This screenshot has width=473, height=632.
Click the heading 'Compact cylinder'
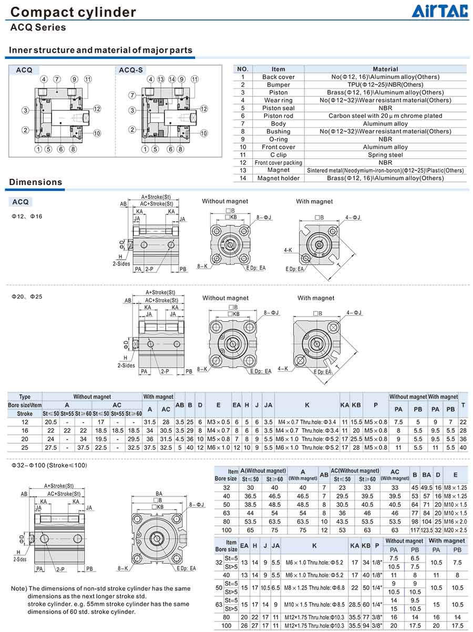73,12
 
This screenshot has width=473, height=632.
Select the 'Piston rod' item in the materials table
278,116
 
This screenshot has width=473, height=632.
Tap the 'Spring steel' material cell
385,155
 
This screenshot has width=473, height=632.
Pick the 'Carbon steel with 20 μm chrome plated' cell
385,116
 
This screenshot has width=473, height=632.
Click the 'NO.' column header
243,69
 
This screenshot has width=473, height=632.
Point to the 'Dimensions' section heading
36,182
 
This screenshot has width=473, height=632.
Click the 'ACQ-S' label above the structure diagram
131,70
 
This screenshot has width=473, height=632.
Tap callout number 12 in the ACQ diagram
97,109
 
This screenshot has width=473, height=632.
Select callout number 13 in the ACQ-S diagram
161,79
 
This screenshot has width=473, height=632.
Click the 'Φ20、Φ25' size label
27,297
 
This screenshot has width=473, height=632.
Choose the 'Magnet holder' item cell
278,178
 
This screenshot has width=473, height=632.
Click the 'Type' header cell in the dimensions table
25,397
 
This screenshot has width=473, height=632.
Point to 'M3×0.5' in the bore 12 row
218,422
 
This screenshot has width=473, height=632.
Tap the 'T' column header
462,404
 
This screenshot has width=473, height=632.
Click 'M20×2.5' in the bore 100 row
455,530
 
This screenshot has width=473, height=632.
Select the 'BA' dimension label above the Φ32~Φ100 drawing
159,494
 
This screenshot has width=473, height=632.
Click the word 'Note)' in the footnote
19,588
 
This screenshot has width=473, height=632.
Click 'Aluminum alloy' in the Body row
385,124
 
